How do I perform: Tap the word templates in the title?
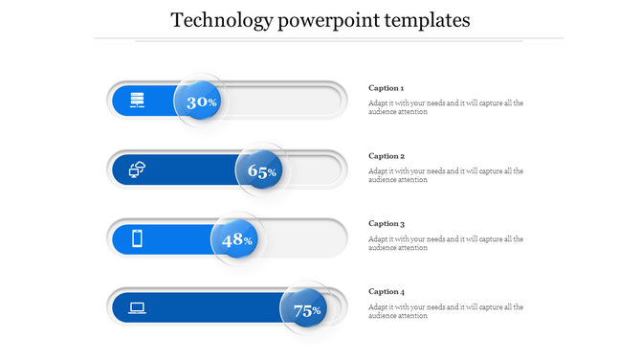[x=423, y=20]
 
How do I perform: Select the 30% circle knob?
[x=200, y=101]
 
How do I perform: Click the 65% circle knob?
[x=261, y=171]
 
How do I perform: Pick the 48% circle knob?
[x=236, y=239]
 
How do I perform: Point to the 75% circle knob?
[x=306, y=309]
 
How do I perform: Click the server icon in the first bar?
[x=138, y=100]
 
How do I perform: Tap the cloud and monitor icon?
[x=138, y=169]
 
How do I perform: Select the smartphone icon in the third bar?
[x=138, y=238]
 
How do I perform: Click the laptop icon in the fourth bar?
[x=138, y=308]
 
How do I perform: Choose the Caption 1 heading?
[x=387, y=88]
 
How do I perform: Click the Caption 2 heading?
[x=387, y=156]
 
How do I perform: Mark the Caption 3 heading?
[x=387, y=224]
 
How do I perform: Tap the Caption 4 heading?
[x=387, y=292]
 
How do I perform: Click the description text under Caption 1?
[x=445, y=107]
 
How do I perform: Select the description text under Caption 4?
[x=445, y=311]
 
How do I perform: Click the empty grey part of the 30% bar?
[x=282, y=101]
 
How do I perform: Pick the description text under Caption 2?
[x=445, y=175]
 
